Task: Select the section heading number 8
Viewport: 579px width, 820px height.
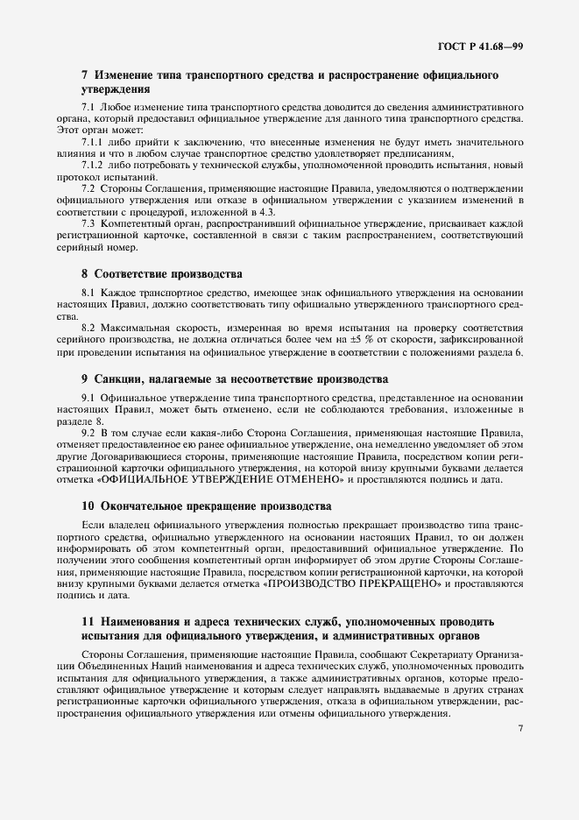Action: [x=84, y=274]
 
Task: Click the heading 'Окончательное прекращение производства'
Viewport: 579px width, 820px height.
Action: [x=214, y=506]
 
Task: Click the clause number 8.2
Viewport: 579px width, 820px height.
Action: [x=88, y=328]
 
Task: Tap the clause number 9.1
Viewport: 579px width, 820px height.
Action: [x=88, y=398]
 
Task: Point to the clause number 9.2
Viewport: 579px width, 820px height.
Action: [x=88, y=433]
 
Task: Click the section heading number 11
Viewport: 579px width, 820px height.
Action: [x=86, y=621]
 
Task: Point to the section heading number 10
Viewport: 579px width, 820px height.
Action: [x=87, y=506]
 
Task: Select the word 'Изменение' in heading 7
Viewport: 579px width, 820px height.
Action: [x=127, y=76]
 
